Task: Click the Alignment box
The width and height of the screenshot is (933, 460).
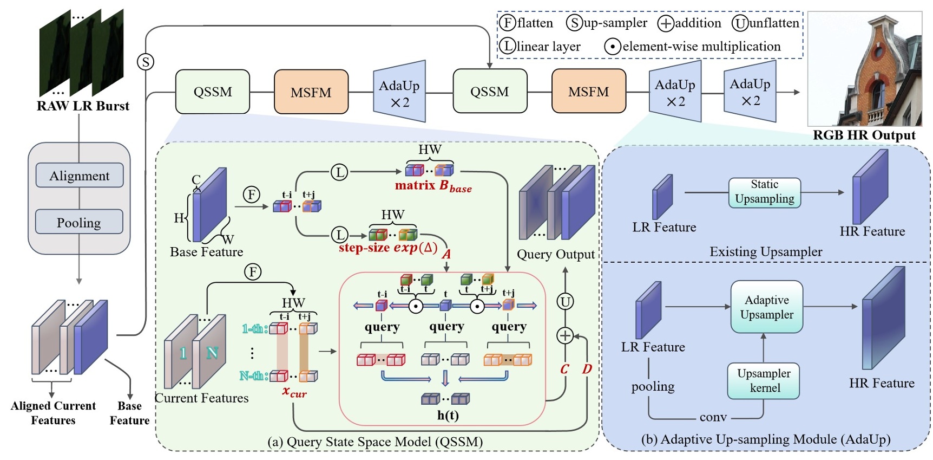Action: pos(80,176)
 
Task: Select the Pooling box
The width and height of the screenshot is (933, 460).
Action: pos(79,222)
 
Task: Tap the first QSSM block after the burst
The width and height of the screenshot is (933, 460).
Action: pos(213,92)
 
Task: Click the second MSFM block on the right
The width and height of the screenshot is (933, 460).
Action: pos(588,92)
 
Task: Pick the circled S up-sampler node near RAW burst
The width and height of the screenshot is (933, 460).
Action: pos(146,62)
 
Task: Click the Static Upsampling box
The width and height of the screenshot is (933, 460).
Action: pos(764,192)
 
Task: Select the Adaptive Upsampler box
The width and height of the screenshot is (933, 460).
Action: pos(766,307)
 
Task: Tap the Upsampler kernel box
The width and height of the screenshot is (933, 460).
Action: pos(764,380)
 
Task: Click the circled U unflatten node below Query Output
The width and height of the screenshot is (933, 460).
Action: pos(565,302)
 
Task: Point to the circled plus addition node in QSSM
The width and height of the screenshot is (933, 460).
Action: pos(565,336)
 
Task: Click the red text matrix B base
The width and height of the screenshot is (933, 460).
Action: pos(433,186)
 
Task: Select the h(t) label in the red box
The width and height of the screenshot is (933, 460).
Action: pos(448,416)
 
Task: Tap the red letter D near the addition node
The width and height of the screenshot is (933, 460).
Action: pos(587,369)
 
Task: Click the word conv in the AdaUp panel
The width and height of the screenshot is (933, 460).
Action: pos(713,417)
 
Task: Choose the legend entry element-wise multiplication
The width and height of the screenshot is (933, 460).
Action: pos(694,47)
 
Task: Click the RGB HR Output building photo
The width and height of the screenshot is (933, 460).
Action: pos(864,68)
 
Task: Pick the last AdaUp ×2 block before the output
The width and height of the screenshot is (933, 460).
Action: pos(750,92)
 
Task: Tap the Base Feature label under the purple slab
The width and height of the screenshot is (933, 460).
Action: pos(206,252)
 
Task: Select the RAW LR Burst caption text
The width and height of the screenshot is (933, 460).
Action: pos(83,106)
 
